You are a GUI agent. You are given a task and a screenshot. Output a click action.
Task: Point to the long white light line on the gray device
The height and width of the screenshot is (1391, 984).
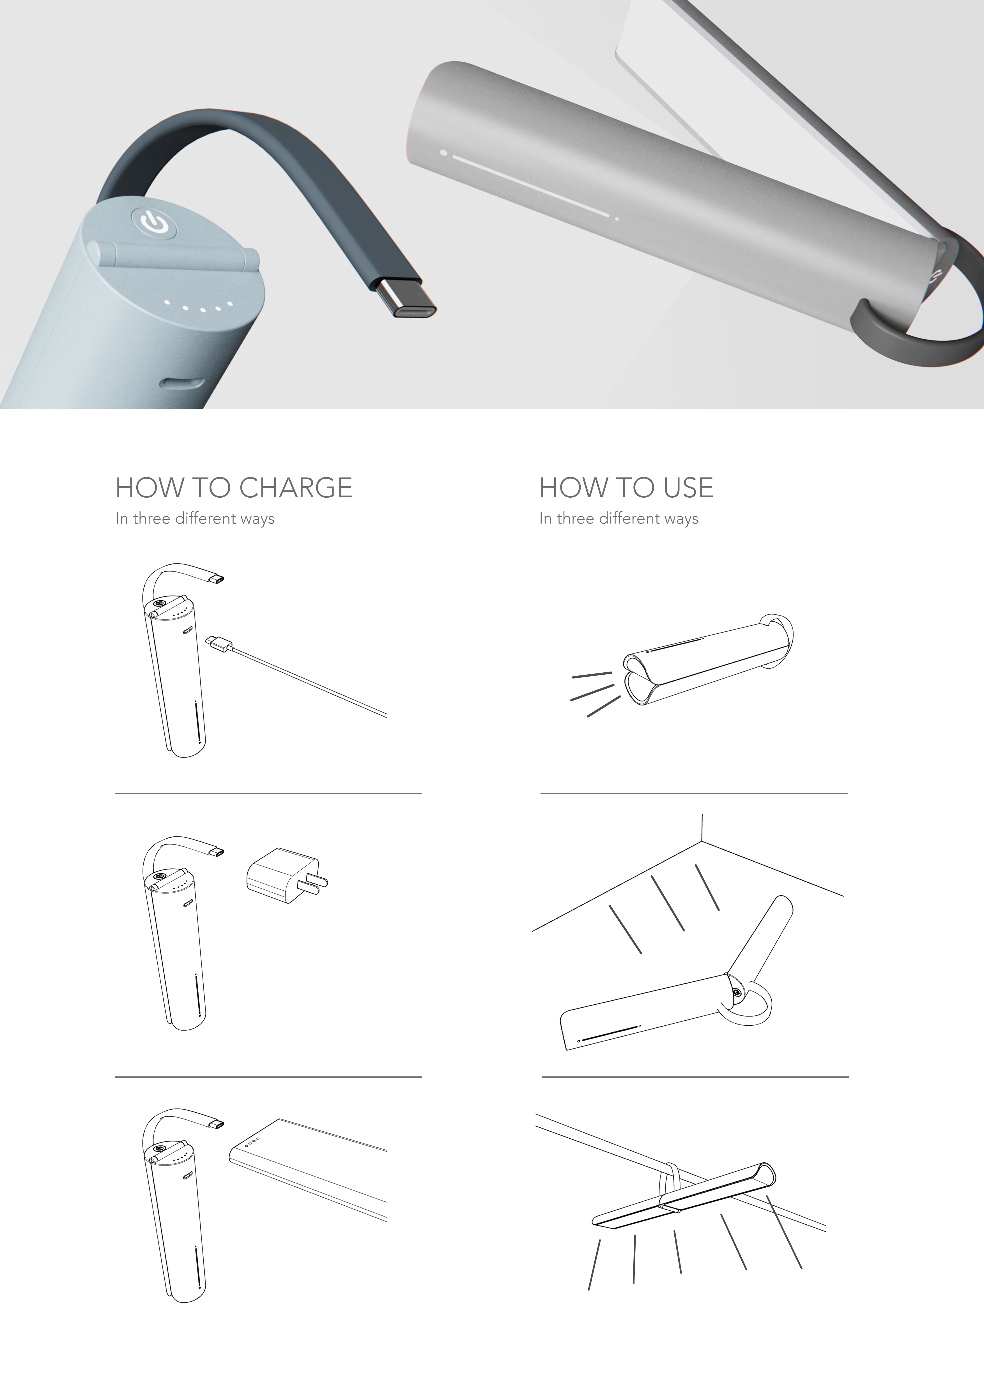pyautogui.click(x=530, y=186)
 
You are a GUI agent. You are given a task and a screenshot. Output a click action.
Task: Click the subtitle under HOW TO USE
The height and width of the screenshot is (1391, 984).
pyautogui.click(x=619, y=519)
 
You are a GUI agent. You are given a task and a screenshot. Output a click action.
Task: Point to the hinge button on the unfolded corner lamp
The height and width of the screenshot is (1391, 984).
pyautogui.click(x=736, y=992)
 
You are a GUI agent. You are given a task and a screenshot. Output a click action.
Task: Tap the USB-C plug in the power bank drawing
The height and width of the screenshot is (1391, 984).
pyautogui.click(x=216, y=1124)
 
